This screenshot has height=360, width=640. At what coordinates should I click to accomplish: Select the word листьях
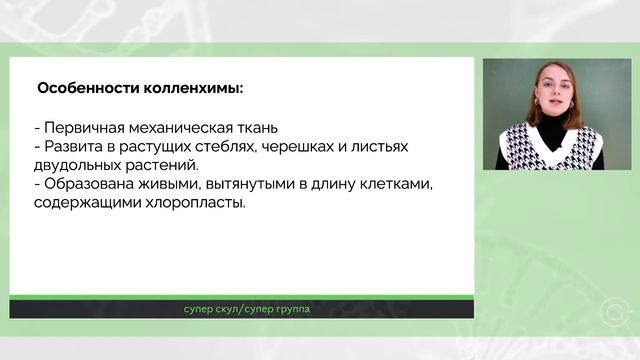(381, 147)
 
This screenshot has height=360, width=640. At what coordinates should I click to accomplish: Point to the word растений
(163, 165)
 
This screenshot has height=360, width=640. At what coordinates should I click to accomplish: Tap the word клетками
(406, 184)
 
